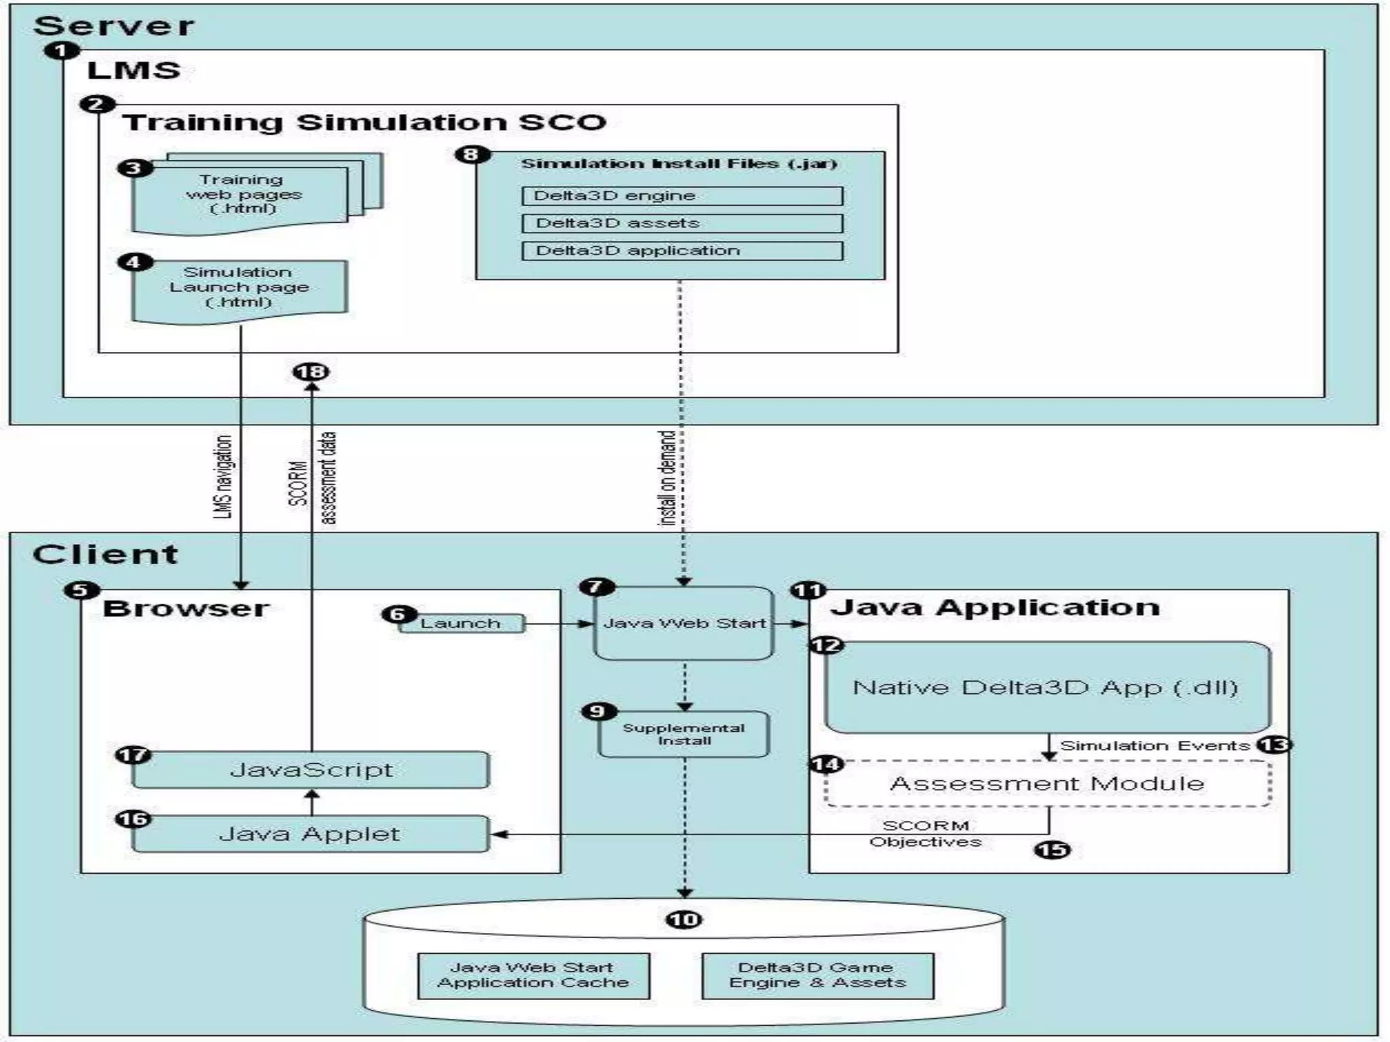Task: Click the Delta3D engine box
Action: [682, 196]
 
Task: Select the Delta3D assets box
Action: [682, 223]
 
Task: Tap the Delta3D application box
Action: [682, 250]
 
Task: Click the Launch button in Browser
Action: [461, 623]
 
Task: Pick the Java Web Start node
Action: [683, 623]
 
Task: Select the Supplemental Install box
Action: [683, 734]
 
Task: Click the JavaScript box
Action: [311, 770]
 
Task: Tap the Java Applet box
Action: [311, 834]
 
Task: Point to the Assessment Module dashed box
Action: [1047, 784]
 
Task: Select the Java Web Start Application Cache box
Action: [533, 976]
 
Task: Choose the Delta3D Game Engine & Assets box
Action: [817, 976]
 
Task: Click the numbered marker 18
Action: [311, 372]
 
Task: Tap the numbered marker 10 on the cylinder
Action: [683, 919]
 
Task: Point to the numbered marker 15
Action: [1052, 849]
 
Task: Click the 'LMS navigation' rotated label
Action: [223, 478]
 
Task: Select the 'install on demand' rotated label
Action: [668, 478]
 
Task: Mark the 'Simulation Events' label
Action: [1154, 746]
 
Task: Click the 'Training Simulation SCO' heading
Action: [364, 123]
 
